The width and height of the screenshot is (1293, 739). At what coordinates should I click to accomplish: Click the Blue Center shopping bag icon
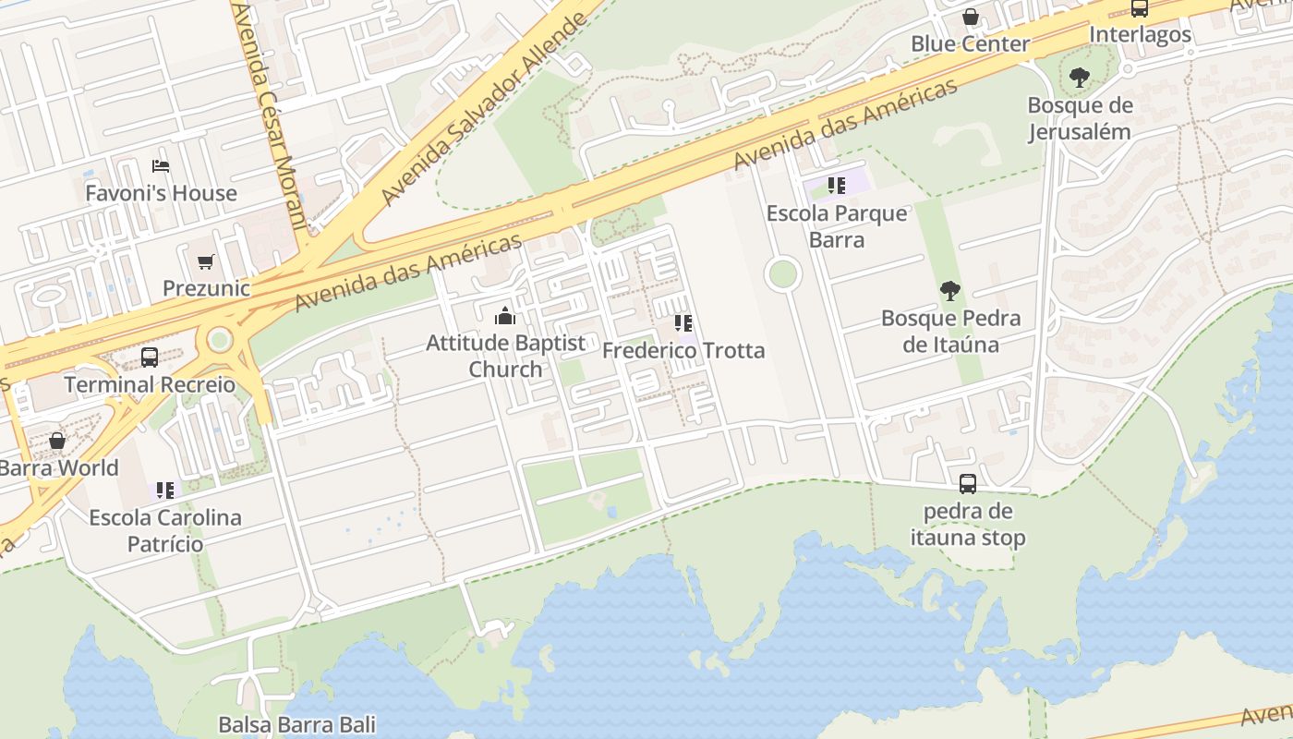pos(971,17)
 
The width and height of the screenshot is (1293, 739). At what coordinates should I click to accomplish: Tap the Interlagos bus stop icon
pos(1140,8)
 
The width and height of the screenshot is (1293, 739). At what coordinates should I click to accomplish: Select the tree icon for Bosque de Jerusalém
pos(1079,78)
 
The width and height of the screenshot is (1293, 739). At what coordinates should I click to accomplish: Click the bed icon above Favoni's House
pos(161,166)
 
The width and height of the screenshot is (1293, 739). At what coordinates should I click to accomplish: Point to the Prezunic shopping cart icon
pos(206,262)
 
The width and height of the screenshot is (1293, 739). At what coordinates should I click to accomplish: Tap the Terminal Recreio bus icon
pos(150,357)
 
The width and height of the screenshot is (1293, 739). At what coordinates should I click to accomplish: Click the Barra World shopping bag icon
pos(57,441)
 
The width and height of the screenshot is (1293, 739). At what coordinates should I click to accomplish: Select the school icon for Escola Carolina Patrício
pos(165,490)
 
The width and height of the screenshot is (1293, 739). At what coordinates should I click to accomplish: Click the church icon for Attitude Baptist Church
pos(505,317)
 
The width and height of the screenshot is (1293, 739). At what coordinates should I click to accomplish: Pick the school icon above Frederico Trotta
pos(683,323)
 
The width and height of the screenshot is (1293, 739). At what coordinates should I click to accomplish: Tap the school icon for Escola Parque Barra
pos(837,186)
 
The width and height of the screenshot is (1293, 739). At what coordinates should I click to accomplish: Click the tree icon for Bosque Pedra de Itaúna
pos(949,292)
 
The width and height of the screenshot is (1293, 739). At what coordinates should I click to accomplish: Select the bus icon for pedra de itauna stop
pos(968,484)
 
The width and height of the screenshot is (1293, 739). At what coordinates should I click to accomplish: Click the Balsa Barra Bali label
pos(297,724)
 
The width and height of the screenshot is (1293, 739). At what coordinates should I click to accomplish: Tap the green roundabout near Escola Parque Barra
pos(783,274)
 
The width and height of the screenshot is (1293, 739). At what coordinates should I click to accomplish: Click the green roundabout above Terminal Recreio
pos(220,339)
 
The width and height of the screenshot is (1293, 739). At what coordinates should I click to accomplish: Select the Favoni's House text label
pos(162,194)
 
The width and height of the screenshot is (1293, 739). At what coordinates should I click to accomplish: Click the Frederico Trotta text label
pos(683,351)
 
